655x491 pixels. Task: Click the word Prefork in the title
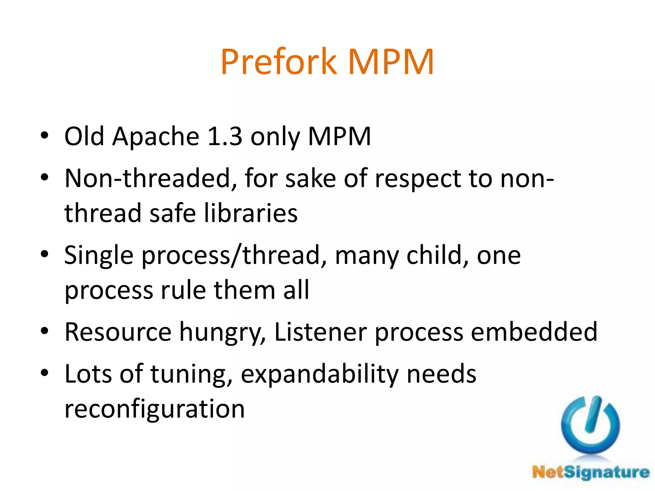point(278,62)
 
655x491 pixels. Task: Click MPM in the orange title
point(391,62)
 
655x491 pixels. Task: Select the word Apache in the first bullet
point(156,137)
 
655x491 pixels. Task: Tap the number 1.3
point(225,137)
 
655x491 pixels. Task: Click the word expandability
point(320,374)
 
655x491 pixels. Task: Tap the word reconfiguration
point(154,409)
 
